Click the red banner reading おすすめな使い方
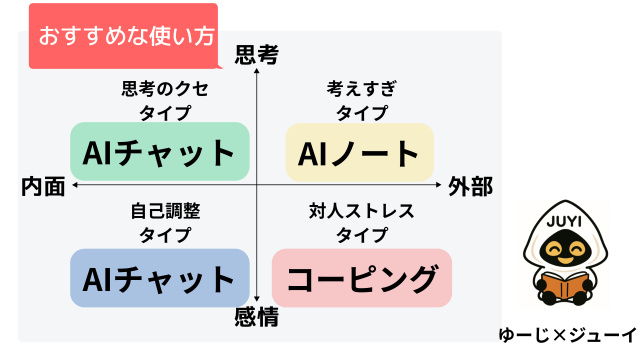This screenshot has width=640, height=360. click(x=126, y=37)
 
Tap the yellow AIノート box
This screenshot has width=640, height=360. click(x=360, y=152)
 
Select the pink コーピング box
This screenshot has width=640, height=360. click(x=362, y=277)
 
